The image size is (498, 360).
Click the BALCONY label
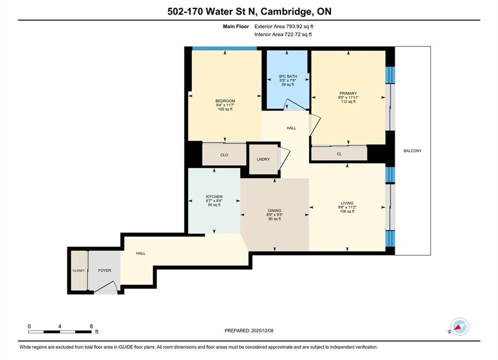pyautogui.click(x=412, y=150)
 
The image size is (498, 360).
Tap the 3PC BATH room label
pyautogui.click(x=288, y=76)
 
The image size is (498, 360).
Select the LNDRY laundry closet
pyautogui.click(x=263, y=159)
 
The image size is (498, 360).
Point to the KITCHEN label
pyautogui.click(x=214, y=196)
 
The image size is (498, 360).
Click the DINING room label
pyautogui.click(x=274, y=210)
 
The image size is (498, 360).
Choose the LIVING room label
pyautogui.click(x=347, y=203)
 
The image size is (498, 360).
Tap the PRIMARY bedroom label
pyautogui.click(x=348, y=93)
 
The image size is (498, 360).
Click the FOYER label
pyautogui.click(x=105, y=270)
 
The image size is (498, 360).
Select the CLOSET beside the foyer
pyautogui.click(x=79, y=270)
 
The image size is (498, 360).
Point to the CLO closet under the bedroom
pyautogui.click(x=224, y=154)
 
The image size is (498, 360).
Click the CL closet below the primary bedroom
pyautogui.click(x=339, y=153)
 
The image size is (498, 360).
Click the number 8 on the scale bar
pyautogui.click(x=91, y=326)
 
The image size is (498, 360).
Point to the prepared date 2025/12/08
pyautogui.click(x=262, y=330)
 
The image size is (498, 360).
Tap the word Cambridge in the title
pyautogui.click(x=286, y=11)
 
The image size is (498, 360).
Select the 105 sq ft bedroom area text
pyautogui.click(x=225, y=109)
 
